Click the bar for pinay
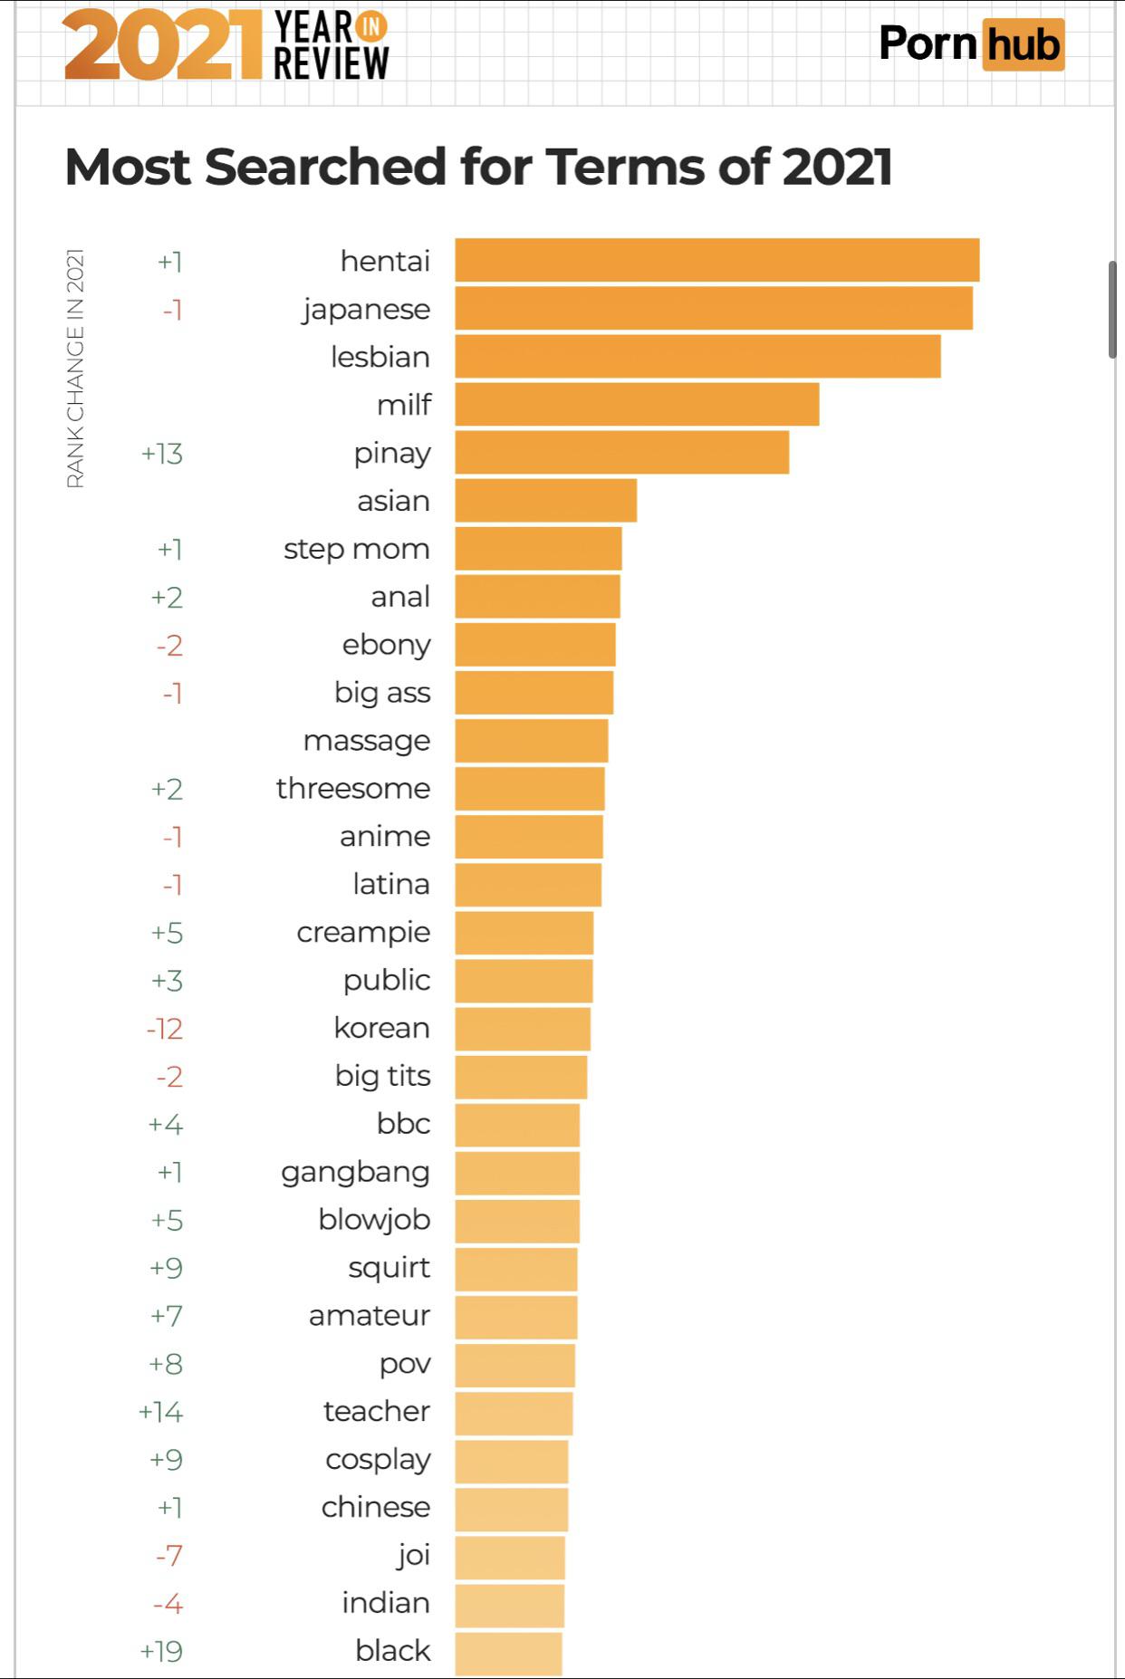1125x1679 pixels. (x=621, y=453)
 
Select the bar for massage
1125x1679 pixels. (x=531, y=741)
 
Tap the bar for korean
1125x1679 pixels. (x=523, y=1029)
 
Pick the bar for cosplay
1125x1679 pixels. (x=512, y=1460)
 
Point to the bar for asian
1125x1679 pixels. (x=545, y=501)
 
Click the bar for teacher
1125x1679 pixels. (x=514, y=1412)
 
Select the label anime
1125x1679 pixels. (x=385, y=836)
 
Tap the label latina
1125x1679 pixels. (x=391, y=884)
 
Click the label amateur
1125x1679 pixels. (x=370, y=1315)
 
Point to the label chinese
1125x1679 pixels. (x=376, y=1507)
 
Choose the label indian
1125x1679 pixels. (x=386, y=1603)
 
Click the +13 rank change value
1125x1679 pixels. (x=162, y=453)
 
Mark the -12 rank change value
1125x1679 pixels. (x=165, y=1029)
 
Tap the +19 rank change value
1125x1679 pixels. (x=161, y=1651)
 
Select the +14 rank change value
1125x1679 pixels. (x=161, y=1412)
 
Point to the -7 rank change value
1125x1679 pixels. (x=169, y=1556)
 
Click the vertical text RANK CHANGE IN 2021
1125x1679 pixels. (x=75, y=368)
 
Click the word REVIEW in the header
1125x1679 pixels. (x=332, y=64)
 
